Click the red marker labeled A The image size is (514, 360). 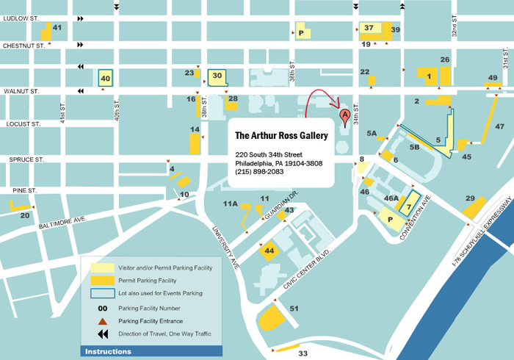click(x=344, y=115)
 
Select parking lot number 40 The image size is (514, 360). click(x=105, y=78)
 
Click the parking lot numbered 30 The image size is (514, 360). click(x=217, y=75)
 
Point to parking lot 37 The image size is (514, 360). click(x=369, y=29)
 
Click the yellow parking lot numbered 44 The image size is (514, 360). click(x=269, y=251)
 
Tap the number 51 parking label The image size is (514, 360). click(x=294, y=309)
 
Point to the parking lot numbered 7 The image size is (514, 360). click(x=410, y=206)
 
